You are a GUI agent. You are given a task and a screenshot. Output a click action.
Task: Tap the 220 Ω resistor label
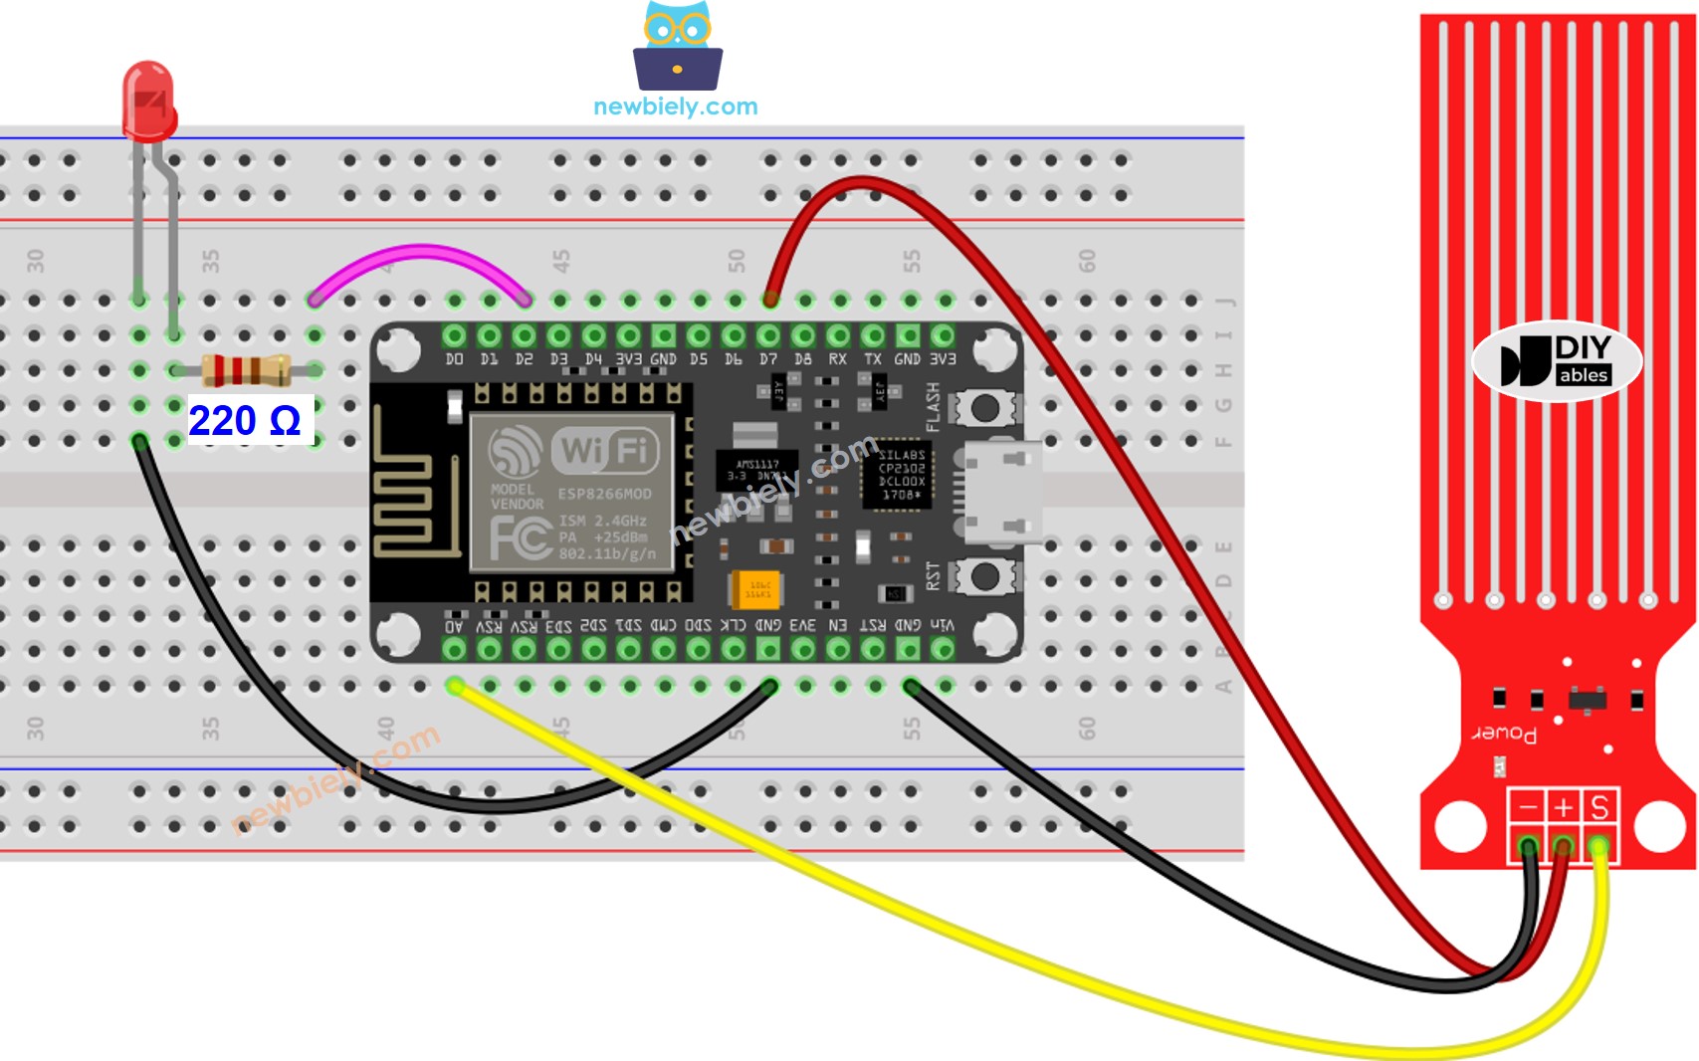pyautogui.click(x=245, y=421)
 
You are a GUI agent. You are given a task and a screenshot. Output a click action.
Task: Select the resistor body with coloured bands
pyautogui.click(x=246, y=370)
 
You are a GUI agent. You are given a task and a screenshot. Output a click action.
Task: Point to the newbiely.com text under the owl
pyautogui.click(x=675, y=106)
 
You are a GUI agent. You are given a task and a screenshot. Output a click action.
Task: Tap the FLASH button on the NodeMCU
pyautogui.click(x=985, y=407)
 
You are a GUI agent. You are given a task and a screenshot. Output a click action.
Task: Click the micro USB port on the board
pyautogui.click(x=999, y=492)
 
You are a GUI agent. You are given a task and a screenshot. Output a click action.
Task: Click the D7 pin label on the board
pyautogui.click(x=768, y=359)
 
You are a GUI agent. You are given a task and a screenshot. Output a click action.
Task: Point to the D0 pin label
pyautogui.click(x=454, y=359)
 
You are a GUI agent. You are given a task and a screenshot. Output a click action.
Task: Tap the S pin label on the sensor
pyautogui.click(x=1599, y=806)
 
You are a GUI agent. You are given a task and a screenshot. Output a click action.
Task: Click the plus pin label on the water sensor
pyautogui.click(x=1564, y=806)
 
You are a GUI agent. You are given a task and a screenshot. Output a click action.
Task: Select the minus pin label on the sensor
pyautogui.click(x=1528, y=806)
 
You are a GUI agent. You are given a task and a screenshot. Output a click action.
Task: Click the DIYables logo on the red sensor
pyautogui.click(x=1557, y=361)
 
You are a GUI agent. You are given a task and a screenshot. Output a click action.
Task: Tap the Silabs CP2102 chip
pyautogui.click(x=900, y=475)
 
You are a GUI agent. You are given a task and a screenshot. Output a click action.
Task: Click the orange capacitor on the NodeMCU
pyautogui.click(x=756, y=588)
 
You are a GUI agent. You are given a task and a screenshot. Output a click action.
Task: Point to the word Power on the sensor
pyautogui.click(x=1504, y=734)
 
